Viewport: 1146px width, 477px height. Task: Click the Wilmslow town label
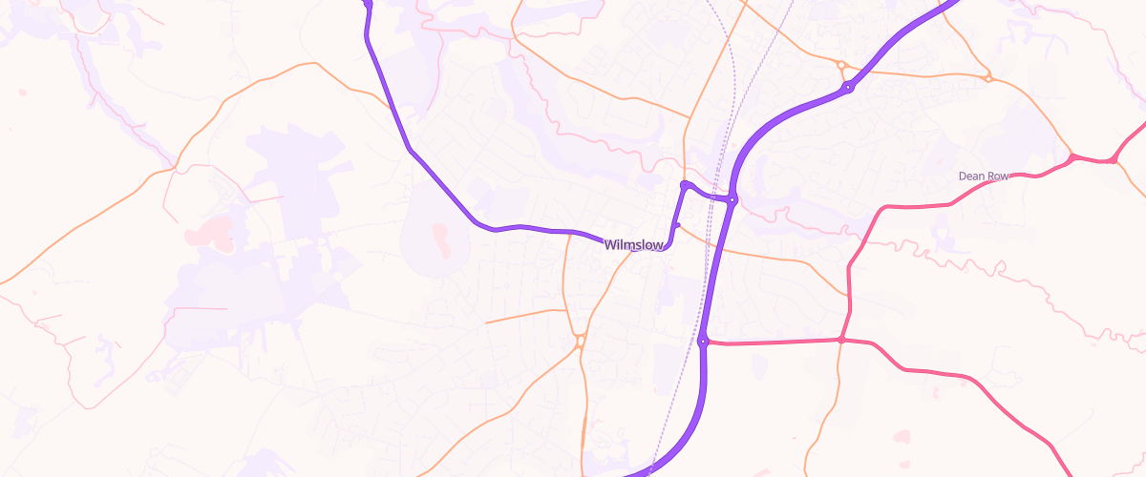(x=634, y=245)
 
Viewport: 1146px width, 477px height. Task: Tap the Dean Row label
(x=985, y=176)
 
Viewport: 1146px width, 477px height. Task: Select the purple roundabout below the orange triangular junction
(x=847, y=89)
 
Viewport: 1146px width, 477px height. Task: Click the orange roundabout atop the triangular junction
(x=841, y=65)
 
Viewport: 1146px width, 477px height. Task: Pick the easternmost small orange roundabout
(x=988, y=77)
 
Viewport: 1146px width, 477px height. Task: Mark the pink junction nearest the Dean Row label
(x=1072, y=156)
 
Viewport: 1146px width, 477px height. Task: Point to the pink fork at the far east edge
(x=1115, y=160)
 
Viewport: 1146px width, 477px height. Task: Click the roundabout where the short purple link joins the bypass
(x=732, y=199)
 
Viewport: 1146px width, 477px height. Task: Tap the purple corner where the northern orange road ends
(x=685, y=184)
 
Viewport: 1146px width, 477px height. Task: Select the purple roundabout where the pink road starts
(x=702, y=342)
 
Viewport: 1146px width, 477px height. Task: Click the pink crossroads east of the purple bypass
(x=841, y=340)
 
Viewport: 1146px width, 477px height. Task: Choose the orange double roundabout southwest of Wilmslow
(x=580, y=340)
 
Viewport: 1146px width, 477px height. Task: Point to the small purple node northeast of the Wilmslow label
(x=676, y=225)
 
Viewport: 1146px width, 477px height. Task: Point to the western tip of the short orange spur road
(x=486, y=322)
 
